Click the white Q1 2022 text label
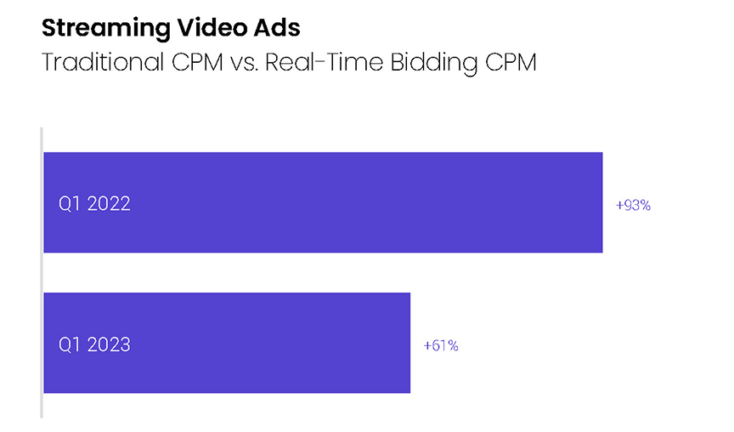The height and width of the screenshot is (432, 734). (x=94, y=204)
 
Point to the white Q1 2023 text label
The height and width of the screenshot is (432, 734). (x=94, y=344)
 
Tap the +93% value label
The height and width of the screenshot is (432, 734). (x=633, y=205)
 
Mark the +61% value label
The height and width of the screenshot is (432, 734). (x=441, y=345)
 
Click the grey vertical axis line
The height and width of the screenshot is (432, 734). (x=41, y=272)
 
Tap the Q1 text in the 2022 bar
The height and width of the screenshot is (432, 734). (x=68, y=204)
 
